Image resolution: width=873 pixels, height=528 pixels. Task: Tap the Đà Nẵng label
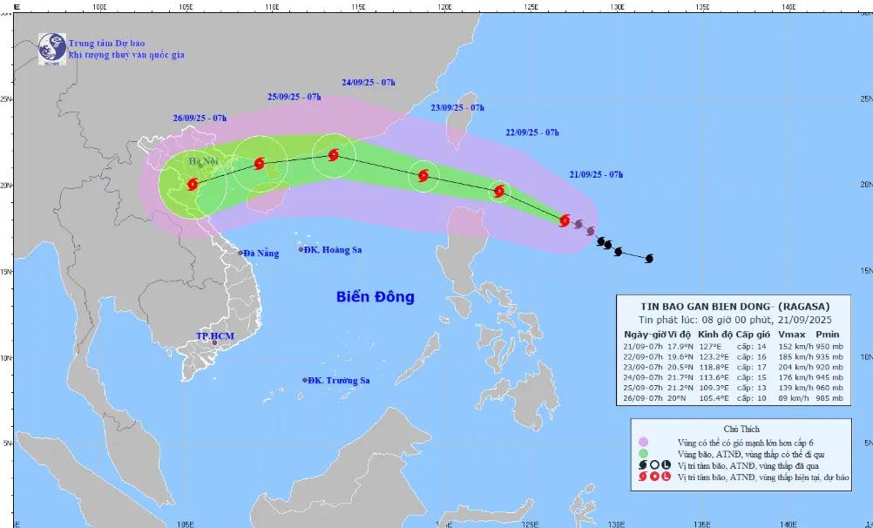pyautogui.click(x=261, y=254)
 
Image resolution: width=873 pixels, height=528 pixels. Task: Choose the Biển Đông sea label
pyautogui.click(x=376, y=297)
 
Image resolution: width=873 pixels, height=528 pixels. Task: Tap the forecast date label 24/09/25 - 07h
pyautogui.click(x=369, y=83)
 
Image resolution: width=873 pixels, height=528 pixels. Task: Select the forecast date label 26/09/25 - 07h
pyautogui.click(x=200, y=118)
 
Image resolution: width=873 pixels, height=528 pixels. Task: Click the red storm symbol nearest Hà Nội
pyautogui.click(x=193, y=184)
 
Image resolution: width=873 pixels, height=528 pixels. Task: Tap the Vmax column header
pyautogui.click(x=791, y=335)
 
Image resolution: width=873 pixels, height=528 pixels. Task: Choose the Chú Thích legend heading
pyautogui.click(x=741, y=429)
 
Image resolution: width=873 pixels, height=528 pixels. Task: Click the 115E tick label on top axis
pyautogui.click(x=357, y=5)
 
